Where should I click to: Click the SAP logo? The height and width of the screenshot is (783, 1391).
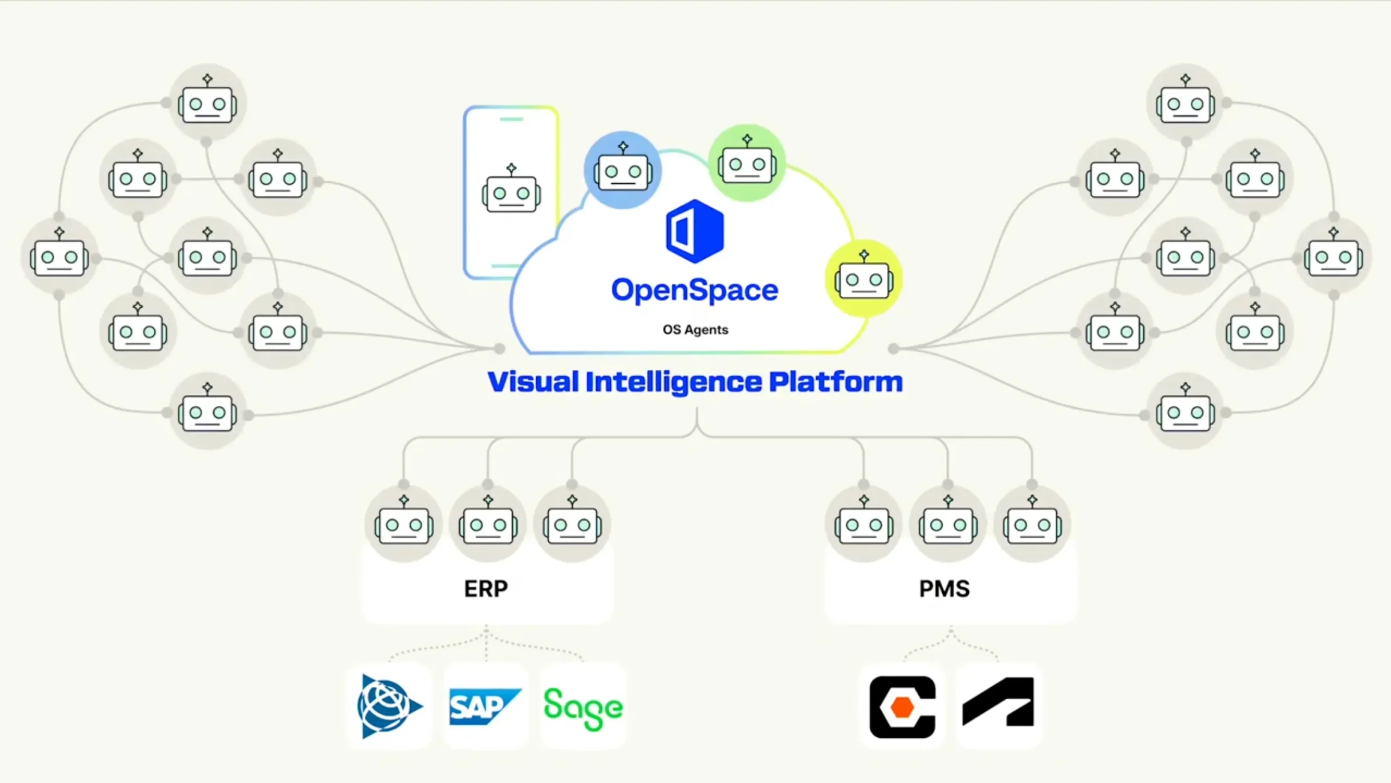[485, 706]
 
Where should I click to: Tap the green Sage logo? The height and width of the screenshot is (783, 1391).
[583, 707]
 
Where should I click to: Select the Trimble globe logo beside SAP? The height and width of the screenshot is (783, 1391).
[389, 706]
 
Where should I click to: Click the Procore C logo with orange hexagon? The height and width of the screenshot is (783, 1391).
[902, 707]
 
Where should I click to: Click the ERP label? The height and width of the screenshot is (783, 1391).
[486, 589]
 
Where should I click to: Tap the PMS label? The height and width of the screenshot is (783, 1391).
[944, 589]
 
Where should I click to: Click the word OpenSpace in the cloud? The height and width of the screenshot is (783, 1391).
[694, 290]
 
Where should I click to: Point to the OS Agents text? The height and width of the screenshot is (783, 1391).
[695, 330]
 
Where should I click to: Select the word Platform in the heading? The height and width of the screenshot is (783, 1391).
[836, 382]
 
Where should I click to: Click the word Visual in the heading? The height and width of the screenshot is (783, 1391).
[533, 382]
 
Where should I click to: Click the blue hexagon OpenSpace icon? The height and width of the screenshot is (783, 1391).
[695, 231]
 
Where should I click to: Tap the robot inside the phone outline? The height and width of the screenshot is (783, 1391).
[511, 191]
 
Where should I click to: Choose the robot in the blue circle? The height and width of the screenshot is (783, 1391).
[623, 170]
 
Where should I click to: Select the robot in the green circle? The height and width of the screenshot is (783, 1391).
[747, 163]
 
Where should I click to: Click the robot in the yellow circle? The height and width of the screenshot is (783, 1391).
[864, 278]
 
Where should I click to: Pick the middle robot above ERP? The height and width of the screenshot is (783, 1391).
[488, 524]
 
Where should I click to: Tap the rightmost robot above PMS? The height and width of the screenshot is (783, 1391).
[1032, 524]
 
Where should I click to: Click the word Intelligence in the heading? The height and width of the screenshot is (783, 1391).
[674, 382]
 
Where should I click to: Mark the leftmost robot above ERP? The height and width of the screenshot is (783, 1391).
[404, 524]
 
